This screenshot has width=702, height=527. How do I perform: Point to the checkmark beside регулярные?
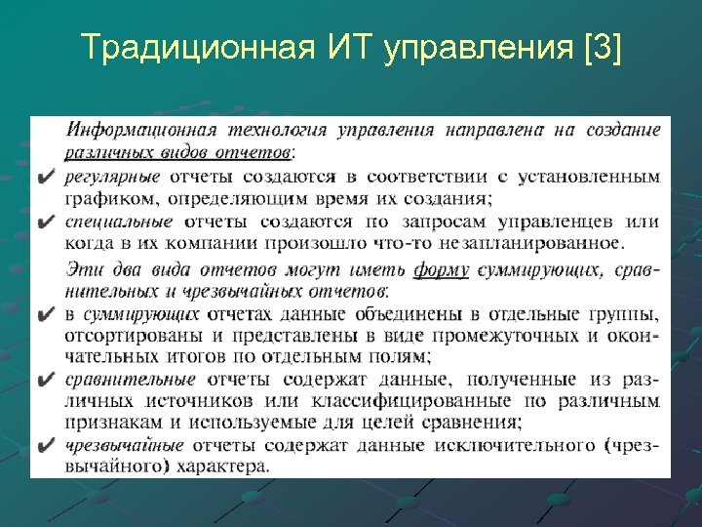(x=46, y=178)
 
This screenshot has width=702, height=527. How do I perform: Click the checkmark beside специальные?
(x=46, y=223)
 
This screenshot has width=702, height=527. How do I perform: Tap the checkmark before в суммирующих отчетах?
(x=46, y=314)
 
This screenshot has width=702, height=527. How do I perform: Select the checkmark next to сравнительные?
(x=46, y=380)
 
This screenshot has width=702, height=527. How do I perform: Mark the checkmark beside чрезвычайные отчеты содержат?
(x=46, y=445)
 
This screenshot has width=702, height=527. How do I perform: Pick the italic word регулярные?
(x=113, y=177)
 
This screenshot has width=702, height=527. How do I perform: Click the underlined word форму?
(x=441, y=268)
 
